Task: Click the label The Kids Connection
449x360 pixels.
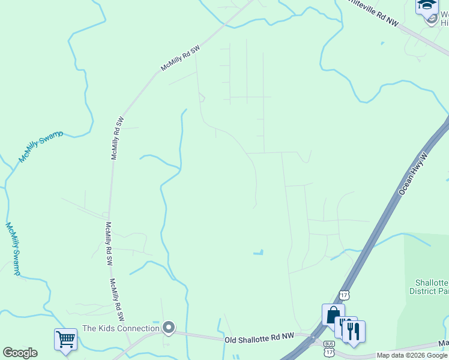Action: point(121,328)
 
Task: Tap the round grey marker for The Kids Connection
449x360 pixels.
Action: point(169,328)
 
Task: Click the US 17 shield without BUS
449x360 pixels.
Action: point(343,295)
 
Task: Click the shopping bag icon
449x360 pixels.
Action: point(333,314)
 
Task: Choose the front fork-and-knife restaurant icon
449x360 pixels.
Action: point(354,331)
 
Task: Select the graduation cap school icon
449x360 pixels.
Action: point(427,5)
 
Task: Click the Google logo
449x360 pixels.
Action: point(20,353)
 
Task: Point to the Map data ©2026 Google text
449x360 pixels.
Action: point(412,355)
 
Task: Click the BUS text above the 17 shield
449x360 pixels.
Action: point(329,344)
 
